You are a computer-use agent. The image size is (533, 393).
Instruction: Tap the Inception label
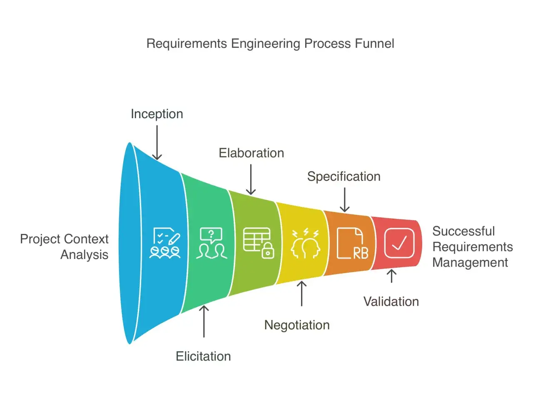point(157,114)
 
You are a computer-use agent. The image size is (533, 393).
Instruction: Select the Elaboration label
point(251,153)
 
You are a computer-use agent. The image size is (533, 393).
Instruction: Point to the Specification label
point(344,177)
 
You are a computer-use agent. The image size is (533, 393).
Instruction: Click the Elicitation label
point(204,356)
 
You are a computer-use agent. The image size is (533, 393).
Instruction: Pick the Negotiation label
point(297,325)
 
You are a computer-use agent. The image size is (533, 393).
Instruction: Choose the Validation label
point(391,302)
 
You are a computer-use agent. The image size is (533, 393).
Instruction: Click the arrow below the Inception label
point(157,143)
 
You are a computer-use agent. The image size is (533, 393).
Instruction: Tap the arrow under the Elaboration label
point(251,179)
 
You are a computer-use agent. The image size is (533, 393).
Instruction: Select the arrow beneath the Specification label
point(344,199)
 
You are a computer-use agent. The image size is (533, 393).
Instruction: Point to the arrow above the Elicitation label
point(204,321)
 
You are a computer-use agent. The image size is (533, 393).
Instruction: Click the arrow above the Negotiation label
point(302,294)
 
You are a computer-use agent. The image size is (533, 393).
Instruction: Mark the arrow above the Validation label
point(392,276)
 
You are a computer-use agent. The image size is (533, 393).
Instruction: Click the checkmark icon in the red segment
point(399,243)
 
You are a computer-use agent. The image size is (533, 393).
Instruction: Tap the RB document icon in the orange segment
point(353,243)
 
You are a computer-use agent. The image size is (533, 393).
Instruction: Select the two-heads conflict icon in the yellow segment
point(306,243)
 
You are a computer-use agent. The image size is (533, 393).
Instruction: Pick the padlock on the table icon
point(268,251)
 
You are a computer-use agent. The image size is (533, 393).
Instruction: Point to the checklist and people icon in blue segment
point(165,243)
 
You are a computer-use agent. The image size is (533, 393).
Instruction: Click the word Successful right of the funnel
point(463,231)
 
